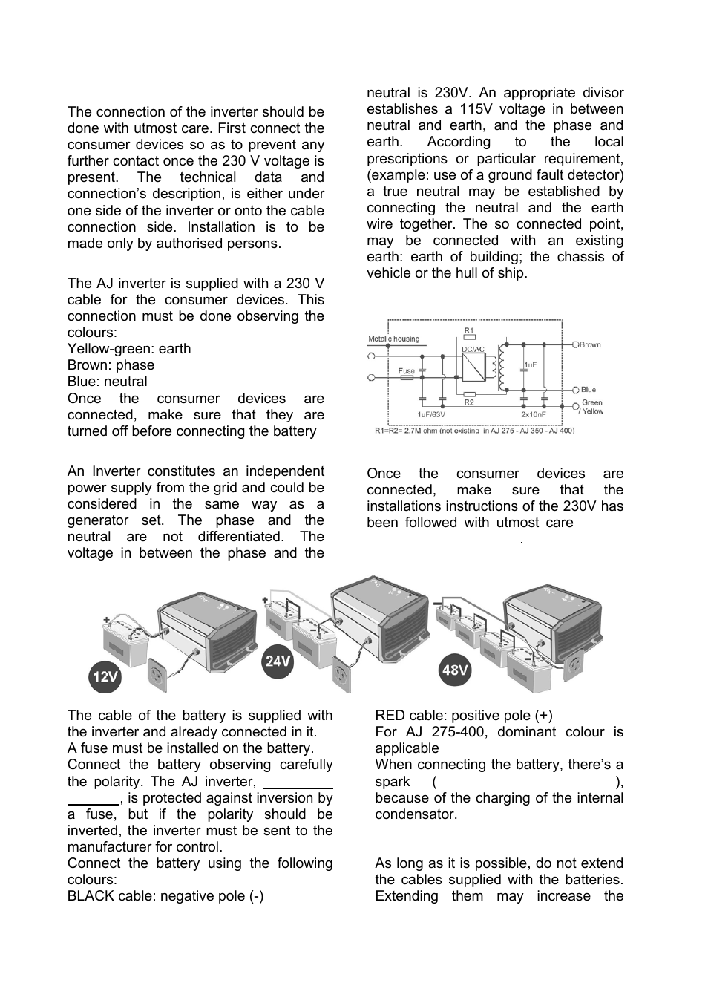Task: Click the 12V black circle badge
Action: (105, 676)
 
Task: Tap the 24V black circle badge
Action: (278, 661)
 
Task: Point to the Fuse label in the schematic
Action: (407, 370)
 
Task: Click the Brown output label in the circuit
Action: (590, 345)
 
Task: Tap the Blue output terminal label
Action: (589, 389)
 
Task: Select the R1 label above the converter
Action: (469, 330)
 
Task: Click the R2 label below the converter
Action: (469, 402)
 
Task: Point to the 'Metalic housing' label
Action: (393, 339)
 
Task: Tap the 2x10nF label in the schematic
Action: (534, 414)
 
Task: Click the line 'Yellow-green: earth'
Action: (129, 349)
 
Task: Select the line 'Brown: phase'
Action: (111, 365)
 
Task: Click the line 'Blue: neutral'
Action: (107, 382)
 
